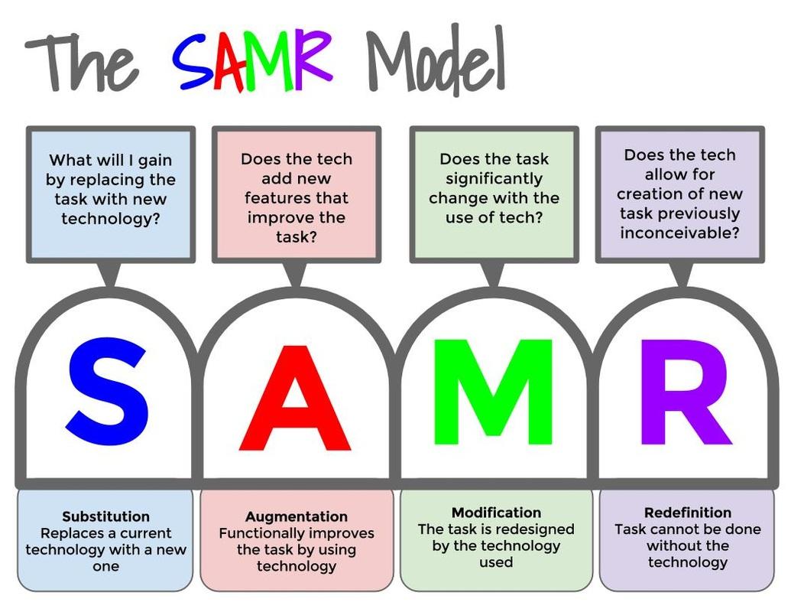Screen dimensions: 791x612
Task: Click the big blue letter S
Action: coord(108,392)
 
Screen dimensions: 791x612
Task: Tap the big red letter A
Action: coord(295,398)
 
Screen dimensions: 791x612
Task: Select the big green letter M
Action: coord(493,392)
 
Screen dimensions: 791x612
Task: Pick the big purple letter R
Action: coord(686,392)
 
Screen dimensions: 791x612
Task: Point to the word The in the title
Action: coord(81,62)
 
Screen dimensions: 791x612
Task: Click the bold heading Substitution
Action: coord(106,516)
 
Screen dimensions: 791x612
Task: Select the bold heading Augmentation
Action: coord(297,516)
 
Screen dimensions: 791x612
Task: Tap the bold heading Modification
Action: coord(497,513)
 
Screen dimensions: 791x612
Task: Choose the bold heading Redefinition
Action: coord(688,513)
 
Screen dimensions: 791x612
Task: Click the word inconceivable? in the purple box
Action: coord(679,233)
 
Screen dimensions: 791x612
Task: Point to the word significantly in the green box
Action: coord(494,179)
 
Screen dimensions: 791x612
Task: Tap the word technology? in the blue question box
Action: coord(111,219)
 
